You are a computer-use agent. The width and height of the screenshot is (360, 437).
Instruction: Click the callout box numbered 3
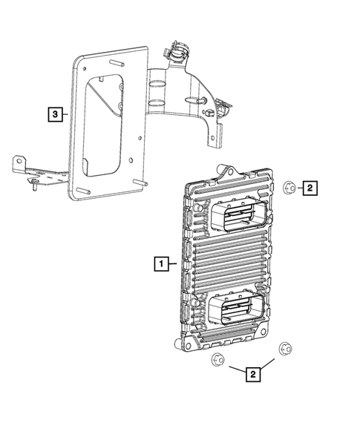coord(53,114)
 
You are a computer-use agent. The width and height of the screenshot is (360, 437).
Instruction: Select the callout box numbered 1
coord(160,262)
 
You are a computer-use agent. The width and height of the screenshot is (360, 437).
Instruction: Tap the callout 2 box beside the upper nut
coord(311,188)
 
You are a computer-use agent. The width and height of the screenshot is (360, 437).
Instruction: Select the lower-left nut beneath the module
coord(217,361)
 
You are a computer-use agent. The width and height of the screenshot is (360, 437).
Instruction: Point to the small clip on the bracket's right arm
coord(210,111)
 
